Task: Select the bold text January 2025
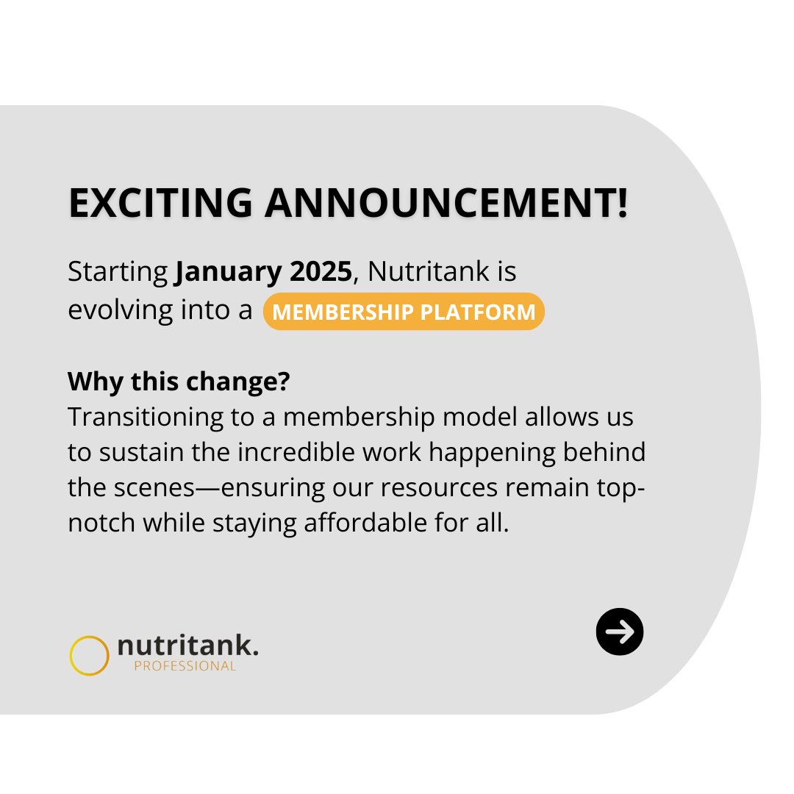pyautogui.click(x=264, y=272)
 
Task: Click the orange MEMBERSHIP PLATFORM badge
pyautogui.click(x=404, y=312)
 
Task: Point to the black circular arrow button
pyautogui.click(x=620, y=632)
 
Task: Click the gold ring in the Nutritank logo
pyautogui.click(x=89, y=655)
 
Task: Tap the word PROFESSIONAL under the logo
pyautogui.click(x=185, y=666)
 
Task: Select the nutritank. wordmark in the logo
pyautogui.click(x=188, y=647)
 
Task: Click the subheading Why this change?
pyautogui.click(x=179, y=382)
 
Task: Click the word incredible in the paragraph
pyautogui.click(x=294, y=452)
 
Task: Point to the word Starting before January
pyautogui.click(x=118, y=272)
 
